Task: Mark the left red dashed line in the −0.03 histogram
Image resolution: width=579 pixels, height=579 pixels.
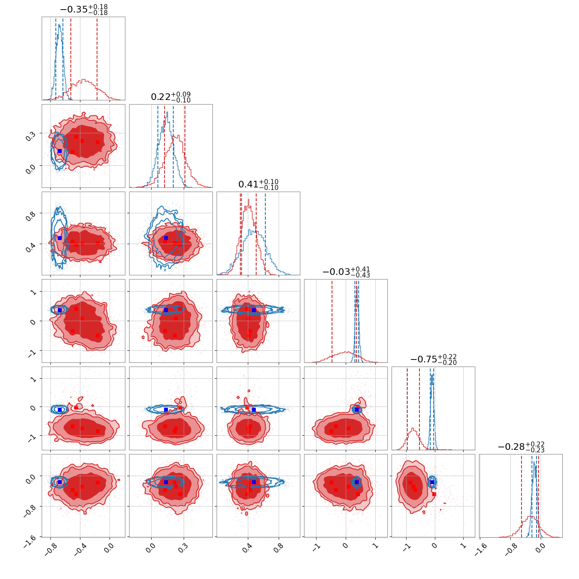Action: click(332, 321)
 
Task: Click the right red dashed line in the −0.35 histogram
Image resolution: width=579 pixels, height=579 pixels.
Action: click(97, 58)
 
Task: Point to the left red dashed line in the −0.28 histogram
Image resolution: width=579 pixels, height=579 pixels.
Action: click(522, 496)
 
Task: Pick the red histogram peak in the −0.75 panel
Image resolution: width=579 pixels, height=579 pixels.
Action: click(412, 428)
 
